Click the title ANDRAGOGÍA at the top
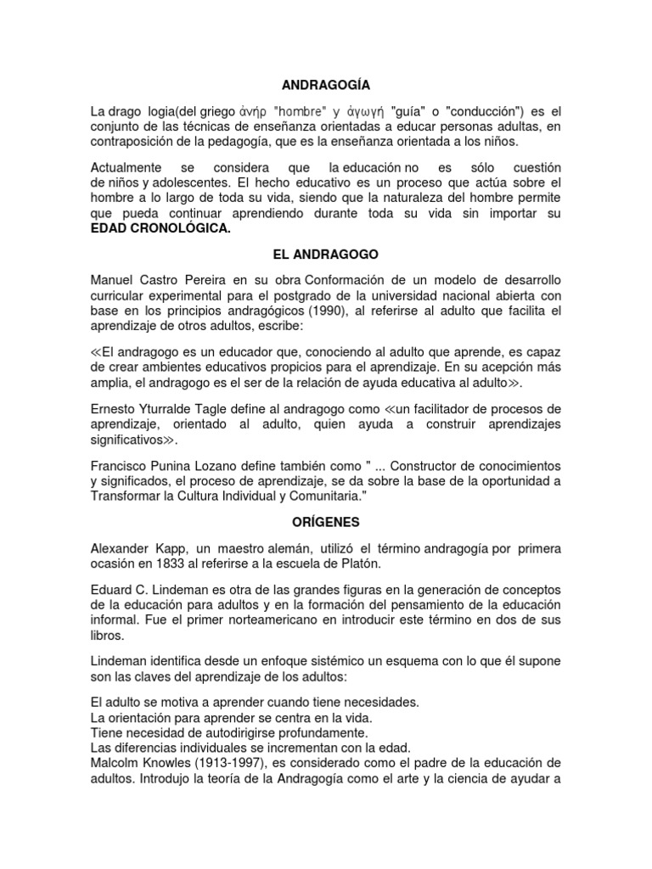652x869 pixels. [x=325, y=84]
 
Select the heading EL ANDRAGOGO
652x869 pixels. [x=325, y=254]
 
